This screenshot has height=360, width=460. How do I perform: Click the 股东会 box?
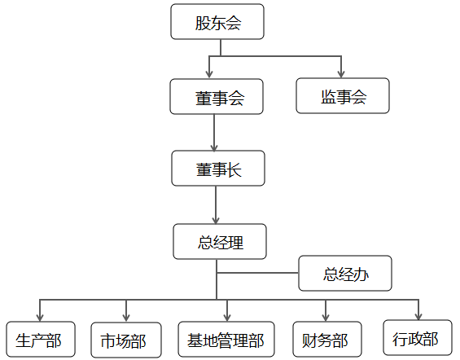217,21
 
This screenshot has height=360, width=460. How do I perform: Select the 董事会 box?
217,96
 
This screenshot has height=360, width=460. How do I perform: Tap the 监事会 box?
343,95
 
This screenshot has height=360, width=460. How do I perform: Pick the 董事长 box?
218,168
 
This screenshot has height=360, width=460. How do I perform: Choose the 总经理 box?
220,241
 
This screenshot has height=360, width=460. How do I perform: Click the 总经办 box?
345,273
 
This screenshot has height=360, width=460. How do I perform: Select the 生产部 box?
41,339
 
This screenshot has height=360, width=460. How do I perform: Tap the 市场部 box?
126,340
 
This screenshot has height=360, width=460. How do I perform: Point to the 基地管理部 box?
226,339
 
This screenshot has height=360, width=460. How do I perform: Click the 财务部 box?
327,339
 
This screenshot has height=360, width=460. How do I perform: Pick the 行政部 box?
418,337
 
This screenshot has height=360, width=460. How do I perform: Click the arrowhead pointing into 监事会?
341,74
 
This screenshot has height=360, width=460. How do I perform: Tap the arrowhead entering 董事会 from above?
209,74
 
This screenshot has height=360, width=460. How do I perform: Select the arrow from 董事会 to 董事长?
214,132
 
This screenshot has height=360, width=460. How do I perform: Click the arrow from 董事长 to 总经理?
216,204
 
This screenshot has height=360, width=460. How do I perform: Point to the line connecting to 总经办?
257,273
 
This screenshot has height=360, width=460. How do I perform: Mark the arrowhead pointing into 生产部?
40,318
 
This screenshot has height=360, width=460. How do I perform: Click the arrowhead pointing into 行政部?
418,316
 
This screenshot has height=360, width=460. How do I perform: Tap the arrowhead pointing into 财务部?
326,318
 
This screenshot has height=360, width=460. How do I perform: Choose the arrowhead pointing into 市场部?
126,318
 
